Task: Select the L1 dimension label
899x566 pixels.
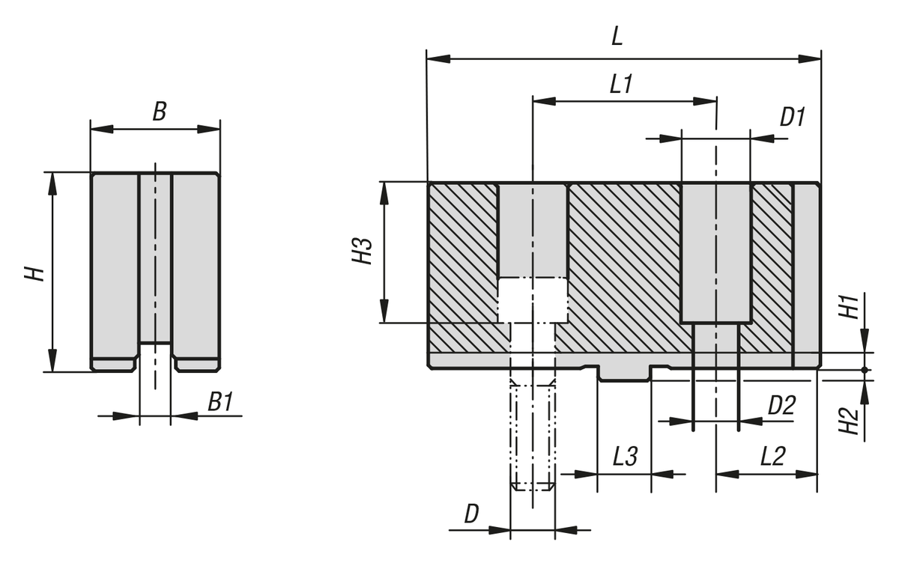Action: [x=621, y=84]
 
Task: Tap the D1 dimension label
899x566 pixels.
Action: [x=792, y=118]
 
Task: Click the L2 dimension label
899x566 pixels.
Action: [x=772, y=456]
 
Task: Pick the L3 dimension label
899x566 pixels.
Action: [x=625, y=456]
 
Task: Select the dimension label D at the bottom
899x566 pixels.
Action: [x=471, y=514]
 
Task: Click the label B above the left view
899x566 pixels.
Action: [x=159, y=112]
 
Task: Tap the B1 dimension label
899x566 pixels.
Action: [x=220, y=404]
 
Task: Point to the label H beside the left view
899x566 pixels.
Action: [x=34, y=273]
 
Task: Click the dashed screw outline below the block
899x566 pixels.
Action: [x=532, y=434]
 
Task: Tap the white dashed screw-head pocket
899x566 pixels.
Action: [x=533, y=299]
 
